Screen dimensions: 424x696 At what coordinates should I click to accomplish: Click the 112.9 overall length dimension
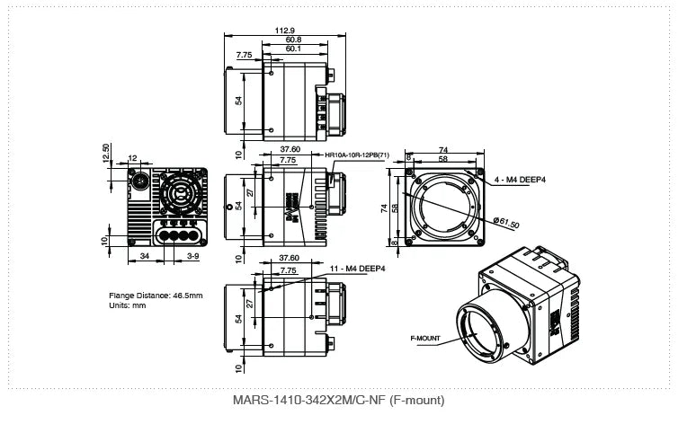(281, 30)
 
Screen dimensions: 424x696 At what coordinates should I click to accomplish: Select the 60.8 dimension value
(293, 40)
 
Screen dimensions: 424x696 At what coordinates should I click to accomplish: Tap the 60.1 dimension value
(293, 49)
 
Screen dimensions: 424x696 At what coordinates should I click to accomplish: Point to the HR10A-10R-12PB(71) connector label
(357, 155)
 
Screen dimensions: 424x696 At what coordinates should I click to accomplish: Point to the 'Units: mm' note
(127, 305)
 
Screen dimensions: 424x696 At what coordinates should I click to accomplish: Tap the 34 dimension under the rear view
(145, 257)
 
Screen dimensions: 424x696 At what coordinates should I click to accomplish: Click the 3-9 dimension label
(192, 257)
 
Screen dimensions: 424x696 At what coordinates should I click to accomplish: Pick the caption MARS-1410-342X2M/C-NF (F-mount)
(337, 400)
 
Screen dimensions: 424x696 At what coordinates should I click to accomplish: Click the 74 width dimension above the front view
(442, 149)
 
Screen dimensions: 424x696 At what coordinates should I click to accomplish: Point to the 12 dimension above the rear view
(133, 158)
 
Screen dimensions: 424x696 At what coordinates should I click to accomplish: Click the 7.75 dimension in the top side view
(244, 55)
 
